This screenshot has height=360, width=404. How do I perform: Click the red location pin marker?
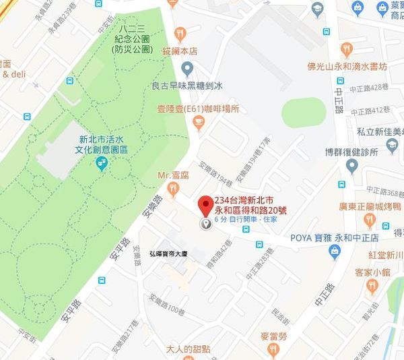click(x=205, y=206)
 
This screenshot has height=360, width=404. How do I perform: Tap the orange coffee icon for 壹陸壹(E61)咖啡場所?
click(x=197, y=122)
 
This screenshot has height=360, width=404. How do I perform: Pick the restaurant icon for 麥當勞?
click(x=272, y=349)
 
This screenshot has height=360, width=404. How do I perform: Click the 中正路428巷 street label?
click(x=368, y=87)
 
